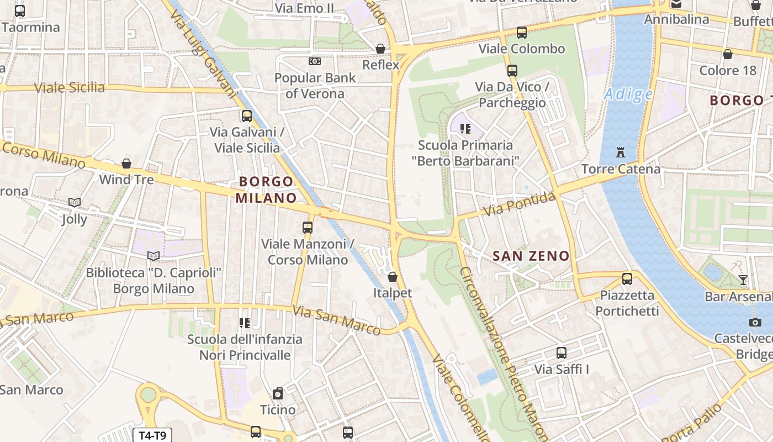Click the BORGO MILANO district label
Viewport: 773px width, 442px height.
click(x=267, y=190)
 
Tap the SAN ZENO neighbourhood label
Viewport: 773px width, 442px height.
click(x=531, y=256)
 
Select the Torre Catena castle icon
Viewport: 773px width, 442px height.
click(x=621, y=152)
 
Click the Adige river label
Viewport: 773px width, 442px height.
click(x=628, y=94)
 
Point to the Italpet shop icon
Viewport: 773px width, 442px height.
click(x=393, y=276)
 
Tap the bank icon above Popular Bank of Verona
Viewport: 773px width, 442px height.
click(x=315, y=61)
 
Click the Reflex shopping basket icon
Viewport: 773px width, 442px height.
click(x=380, y=49)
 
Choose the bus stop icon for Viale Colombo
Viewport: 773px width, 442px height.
click(x=522, y=33)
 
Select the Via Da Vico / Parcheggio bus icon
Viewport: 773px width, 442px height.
click(x=512, y=71)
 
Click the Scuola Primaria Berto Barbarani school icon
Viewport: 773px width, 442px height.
click(x=465, y=129)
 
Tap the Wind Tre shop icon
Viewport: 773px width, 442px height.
click(x=126, y=164)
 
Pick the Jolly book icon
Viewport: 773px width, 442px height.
click(x=75, y=203)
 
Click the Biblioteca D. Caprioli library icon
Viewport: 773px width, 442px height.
click(x=153, y=256)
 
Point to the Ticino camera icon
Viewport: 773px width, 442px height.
click(x=278, y=393)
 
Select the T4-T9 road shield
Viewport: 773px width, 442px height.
click(x=152, y=435)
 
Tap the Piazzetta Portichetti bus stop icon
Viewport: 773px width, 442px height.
click(x=627, y=279)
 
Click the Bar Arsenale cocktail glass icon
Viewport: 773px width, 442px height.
click(x=743, y=280)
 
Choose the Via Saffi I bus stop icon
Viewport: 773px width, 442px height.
click(x=562, y=353)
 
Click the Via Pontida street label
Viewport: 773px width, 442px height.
click(x=519, y=204)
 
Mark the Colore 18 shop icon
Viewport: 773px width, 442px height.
click(x=728, y=54)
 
